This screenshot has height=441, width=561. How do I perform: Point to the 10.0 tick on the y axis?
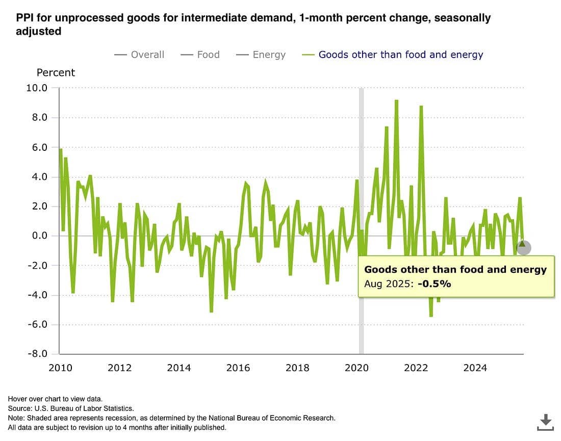[36, 88]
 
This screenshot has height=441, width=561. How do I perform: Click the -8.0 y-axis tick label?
[36, 354]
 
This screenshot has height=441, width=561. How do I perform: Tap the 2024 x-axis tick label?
[475, 368]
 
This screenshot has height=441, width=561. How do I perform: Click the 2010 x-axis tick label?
[60, 368]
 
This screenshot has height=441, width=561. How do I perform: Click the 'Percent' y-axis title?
[56, 72]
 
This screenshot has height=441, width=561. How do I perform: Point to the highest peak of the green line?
[396, 101]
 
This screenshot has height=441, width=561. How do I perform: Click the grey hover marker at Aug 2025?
[523, 248]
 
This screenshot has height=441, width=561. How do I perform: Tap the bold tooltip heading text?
[455, 270]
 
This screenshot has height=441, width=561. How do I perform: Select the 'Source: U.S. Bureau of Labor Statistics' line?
[71, 408]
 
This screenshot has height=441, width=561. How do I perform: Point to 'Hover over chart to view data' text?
[55, 399]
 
